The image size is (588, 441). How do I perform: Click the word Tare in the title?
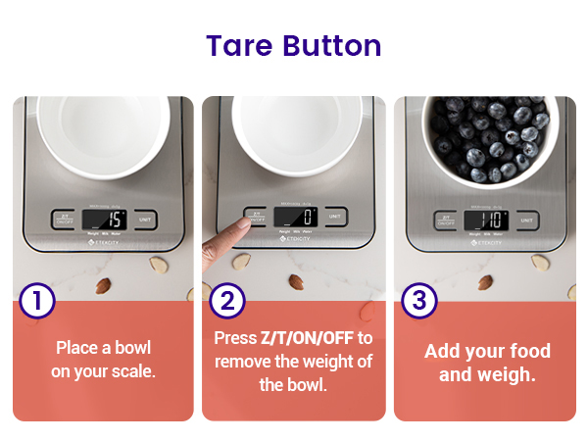(x=240, y=46)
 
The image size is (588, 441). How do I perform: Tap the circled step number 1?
(x=37, y=301)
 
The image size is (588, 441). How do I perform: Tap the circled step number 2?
(x=227, y=301)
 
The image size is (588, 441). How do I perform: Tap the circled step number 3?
(x=419, y=301)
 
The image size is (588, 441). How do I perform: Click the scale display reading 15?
(x=104, y=219)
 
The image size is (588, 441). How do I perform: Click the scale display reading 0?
(x=295, y=216)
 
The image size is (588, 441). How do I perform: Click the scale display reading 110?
(x=486, y=220)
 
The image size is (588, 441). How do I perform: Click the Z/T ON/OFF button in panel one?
(x=64, y=219)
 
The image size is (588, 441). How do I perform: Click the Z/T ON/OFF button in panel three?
(x=446, y=220)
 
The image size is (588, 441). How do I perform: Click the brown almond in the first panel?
(x=103, y=284)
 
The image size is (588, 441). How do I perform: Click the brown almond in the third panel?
(x=485, y=283)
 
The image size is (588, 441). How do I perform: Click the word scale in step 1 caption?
(x=133, y=372)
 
